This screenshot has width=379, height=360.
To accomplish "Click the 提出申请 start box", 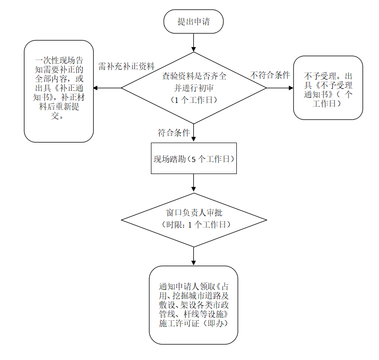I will pos(193,22).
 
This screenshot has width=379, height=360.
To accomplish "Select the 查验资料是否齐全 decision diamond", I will pos(193,87).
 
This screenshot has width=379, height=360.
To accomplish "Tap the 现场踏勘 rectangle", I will pos(193,158).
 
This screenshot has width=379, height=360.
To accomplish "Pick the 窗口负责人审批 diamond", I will pos(193,219).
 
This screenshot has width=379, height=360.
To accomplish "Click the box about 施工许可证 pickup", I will pos(193,304).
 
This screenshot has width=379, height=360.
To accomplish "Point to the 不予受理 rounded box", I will pos(328,88).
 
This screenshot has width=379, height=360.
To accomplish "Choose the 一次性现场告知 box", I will pos(59,90).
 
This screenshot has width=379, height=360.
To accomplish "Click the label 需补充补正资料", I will pos(126,66).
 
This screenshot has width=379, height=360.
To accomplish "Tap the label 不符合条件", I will pos(270,75).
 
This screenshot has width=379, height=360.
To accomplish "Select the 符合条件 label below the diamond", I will pos(174,133).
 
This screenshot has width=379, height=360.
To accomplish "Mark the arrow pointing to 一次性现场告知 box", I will pos(107,88).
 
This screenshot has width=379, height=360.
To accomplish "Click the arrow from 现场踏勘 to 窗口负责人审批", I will pos(193,182).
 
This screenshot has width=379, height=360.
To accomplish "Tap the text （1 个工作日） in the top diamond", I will pos(194,100).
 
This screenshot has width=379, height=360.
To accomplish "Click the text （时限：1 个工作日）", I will pos(194,224).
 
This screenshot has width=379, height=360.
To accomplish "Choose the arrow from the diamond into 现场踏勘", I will pos(193,134).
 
